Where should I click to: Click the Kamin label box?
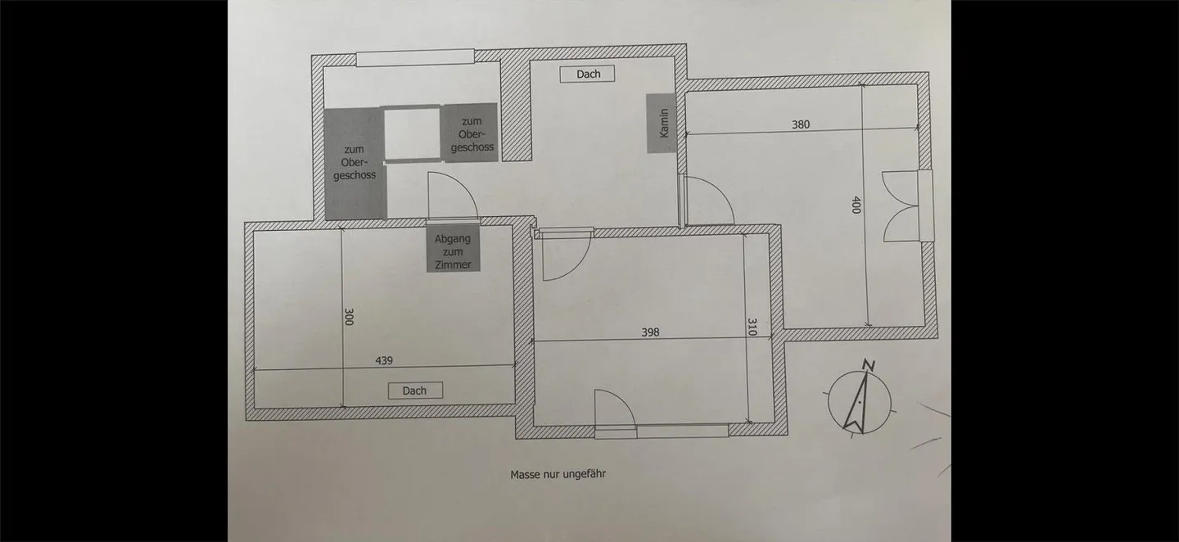(x=662, y=123)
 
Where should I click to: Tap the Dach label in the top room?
(x=588, y=74)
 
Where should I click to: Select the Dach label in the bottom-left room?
(x=414, y=391)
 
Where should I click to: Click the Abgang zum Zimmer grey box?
(x=453, y=251)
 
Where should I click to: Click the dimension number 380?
(x=801, y=125)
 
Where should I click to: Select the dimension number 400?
(x=856, y=205)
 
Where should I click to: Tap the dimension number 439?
(x=385, y=360)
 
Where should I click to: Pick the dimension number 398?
(x=650, y=332)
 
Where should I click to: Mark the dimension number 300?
(x=349, y=317)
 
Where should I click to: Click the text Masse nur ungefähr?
(x=558, y=474)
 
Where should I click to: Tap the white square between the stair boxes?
(x=413, y=133)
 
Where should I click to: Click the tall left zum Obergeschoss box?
(x=355, y=164)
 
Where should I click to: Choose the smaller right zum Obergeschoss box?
(x=470, y=133)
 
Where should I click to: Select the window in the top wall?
(x=415, y=58)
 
